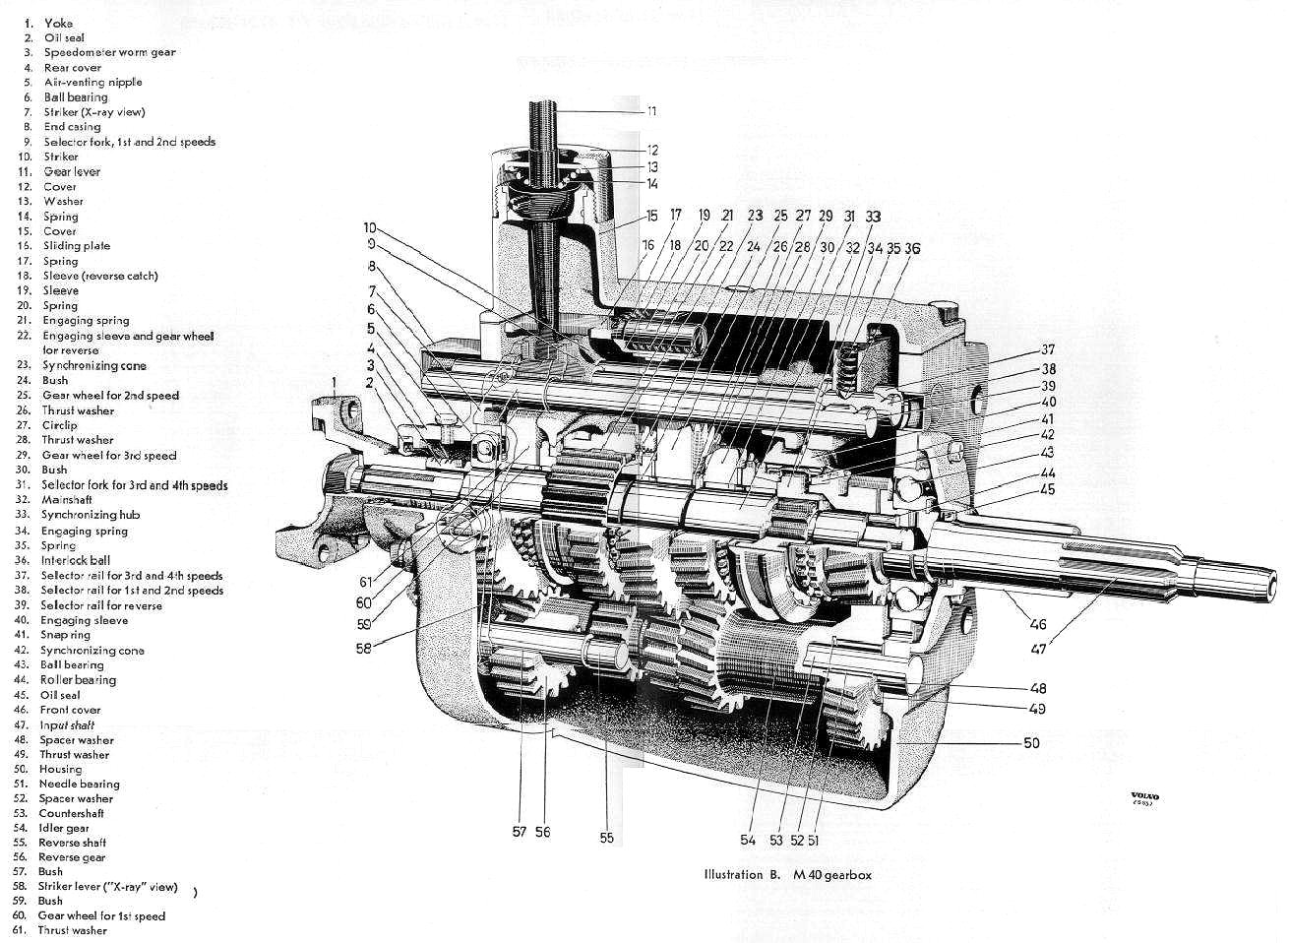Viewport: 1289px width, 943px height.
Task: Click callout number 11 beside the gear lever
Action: pos(651,111)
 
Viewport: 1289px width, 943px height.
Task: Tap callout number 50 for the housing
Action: pos(1030,743)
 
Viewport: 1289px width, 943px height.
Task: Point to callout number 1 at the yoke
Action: pos(335,381)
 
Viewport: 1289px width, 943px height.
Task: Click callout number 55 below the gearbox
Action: pos(606,838)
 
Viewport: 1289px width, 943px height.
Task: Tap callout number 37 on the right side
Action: pos(1048,349)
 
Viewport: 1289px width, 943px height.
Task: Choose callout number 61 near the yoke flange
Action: pos(365,582)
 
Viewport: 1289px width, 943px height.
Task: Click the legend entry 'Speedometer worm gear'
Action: pos(109,52)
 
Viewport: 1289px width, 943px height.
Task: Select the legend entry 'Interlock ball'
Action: pos(76,560)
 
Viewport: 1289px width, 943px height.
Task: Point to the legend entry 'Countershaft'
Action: pos(71,813)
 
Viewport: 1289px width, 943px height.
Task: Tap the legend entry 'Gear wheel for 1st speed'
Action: pos(101,915)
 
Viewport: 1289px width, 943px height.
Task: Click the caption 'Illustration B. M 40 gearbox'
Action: pos(787,874)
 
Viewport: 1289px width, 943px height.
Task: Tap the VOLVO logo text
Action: pos(1143,795)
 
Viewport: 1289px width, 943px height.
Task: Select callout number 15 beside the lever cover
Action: pos(651,216)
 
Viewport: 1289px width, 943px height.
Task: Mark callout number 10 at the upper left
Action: pos(370,228)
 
